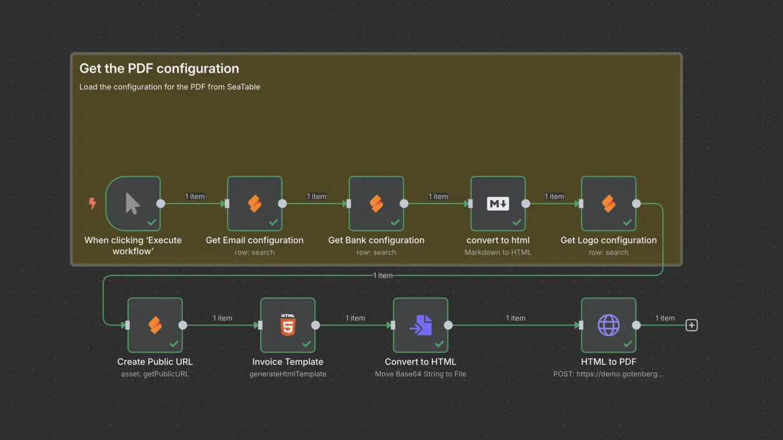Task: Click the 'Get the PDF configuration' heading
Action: (159, 68)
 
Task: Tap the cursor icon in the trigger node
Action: (133, 204)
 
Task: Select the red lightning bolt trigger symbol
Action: (92, 204)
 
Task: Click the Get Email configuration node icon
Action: (254, 204)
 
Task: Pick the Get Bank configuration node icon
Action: (376, 204)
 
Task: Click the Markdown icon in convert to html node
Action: (498, 204)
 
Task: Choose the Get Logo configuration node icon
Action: (609, 204)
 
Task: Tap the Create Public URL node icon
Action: (155, 325)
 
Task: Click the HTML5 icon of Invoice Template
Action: (288, 324)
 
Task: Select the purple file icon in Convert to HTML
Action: (420, 325)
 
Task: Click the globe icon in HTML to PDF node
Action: (609, 325)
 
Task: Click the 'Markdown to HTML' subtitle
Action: (498, 252)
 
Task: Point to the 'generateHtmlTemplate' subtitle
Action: (288, 373)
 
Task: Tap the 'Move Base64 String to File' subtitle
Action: (420, 373)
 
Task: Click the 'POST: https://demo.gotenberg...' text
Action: (608, 373)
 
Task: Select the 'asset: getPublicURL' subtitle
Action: (155, 373)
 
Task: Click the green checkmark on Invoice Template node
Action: (306, 344)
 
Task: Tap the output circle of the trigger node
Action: (160, 204)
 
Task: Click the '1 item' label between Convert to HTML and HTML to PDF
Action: (516, 318)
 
